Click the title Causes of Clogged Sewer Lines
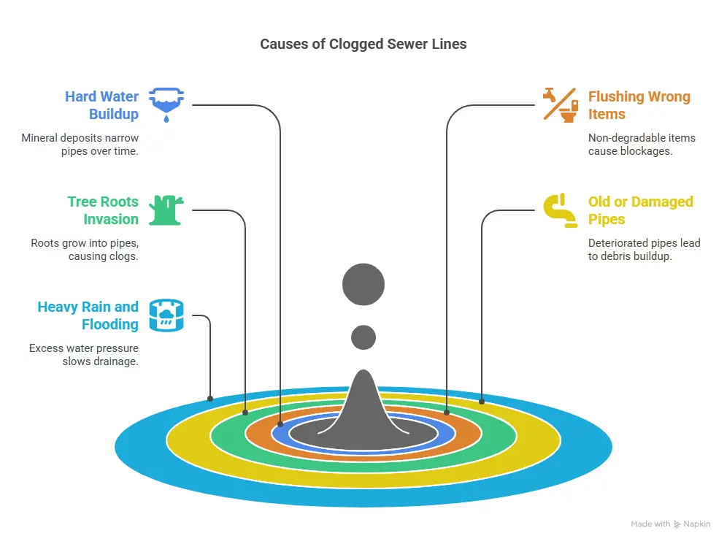pos(363,44)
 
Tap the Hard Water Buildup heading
pos(101,105)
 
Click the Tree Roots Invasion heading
pos(103,210)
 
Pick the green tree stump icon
pos(167,210)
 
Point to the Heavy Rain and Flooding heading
pos(88,315)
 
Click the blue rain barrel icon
pos(167,315)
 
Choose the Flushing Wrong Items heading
pos(639,105)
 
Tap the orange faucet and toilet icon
pos(560,104)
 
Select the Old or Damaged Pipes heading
pos(640,210)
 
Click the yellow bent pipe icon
pos(560,210)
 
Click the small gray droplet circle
pos(363,337)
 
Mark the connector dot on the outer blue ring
pos(210,399)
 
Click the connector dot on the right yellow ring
pos(482,401)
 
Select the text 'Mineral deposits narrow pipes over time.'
pos(80,144)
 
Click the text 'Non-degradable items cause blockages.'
pos(642,144)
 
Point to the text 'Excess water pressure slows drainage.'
pos(84,354)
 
